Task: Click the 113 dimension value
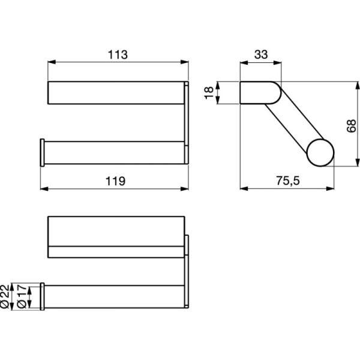[x=118, y=55]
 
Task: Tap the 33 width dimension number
[x=260, y=55]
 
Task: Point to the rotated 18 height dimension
[x=209, y=93]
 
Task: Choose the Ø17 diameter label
[x=22, y=296]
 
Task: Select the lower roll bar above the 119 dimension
[x=114, y=152]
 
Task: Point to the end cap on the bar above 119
[x=42, y=152]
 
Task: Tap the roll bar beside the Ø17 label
[x=114, y=296]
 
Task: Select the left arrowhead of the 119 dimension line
[x=44, y=188]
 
